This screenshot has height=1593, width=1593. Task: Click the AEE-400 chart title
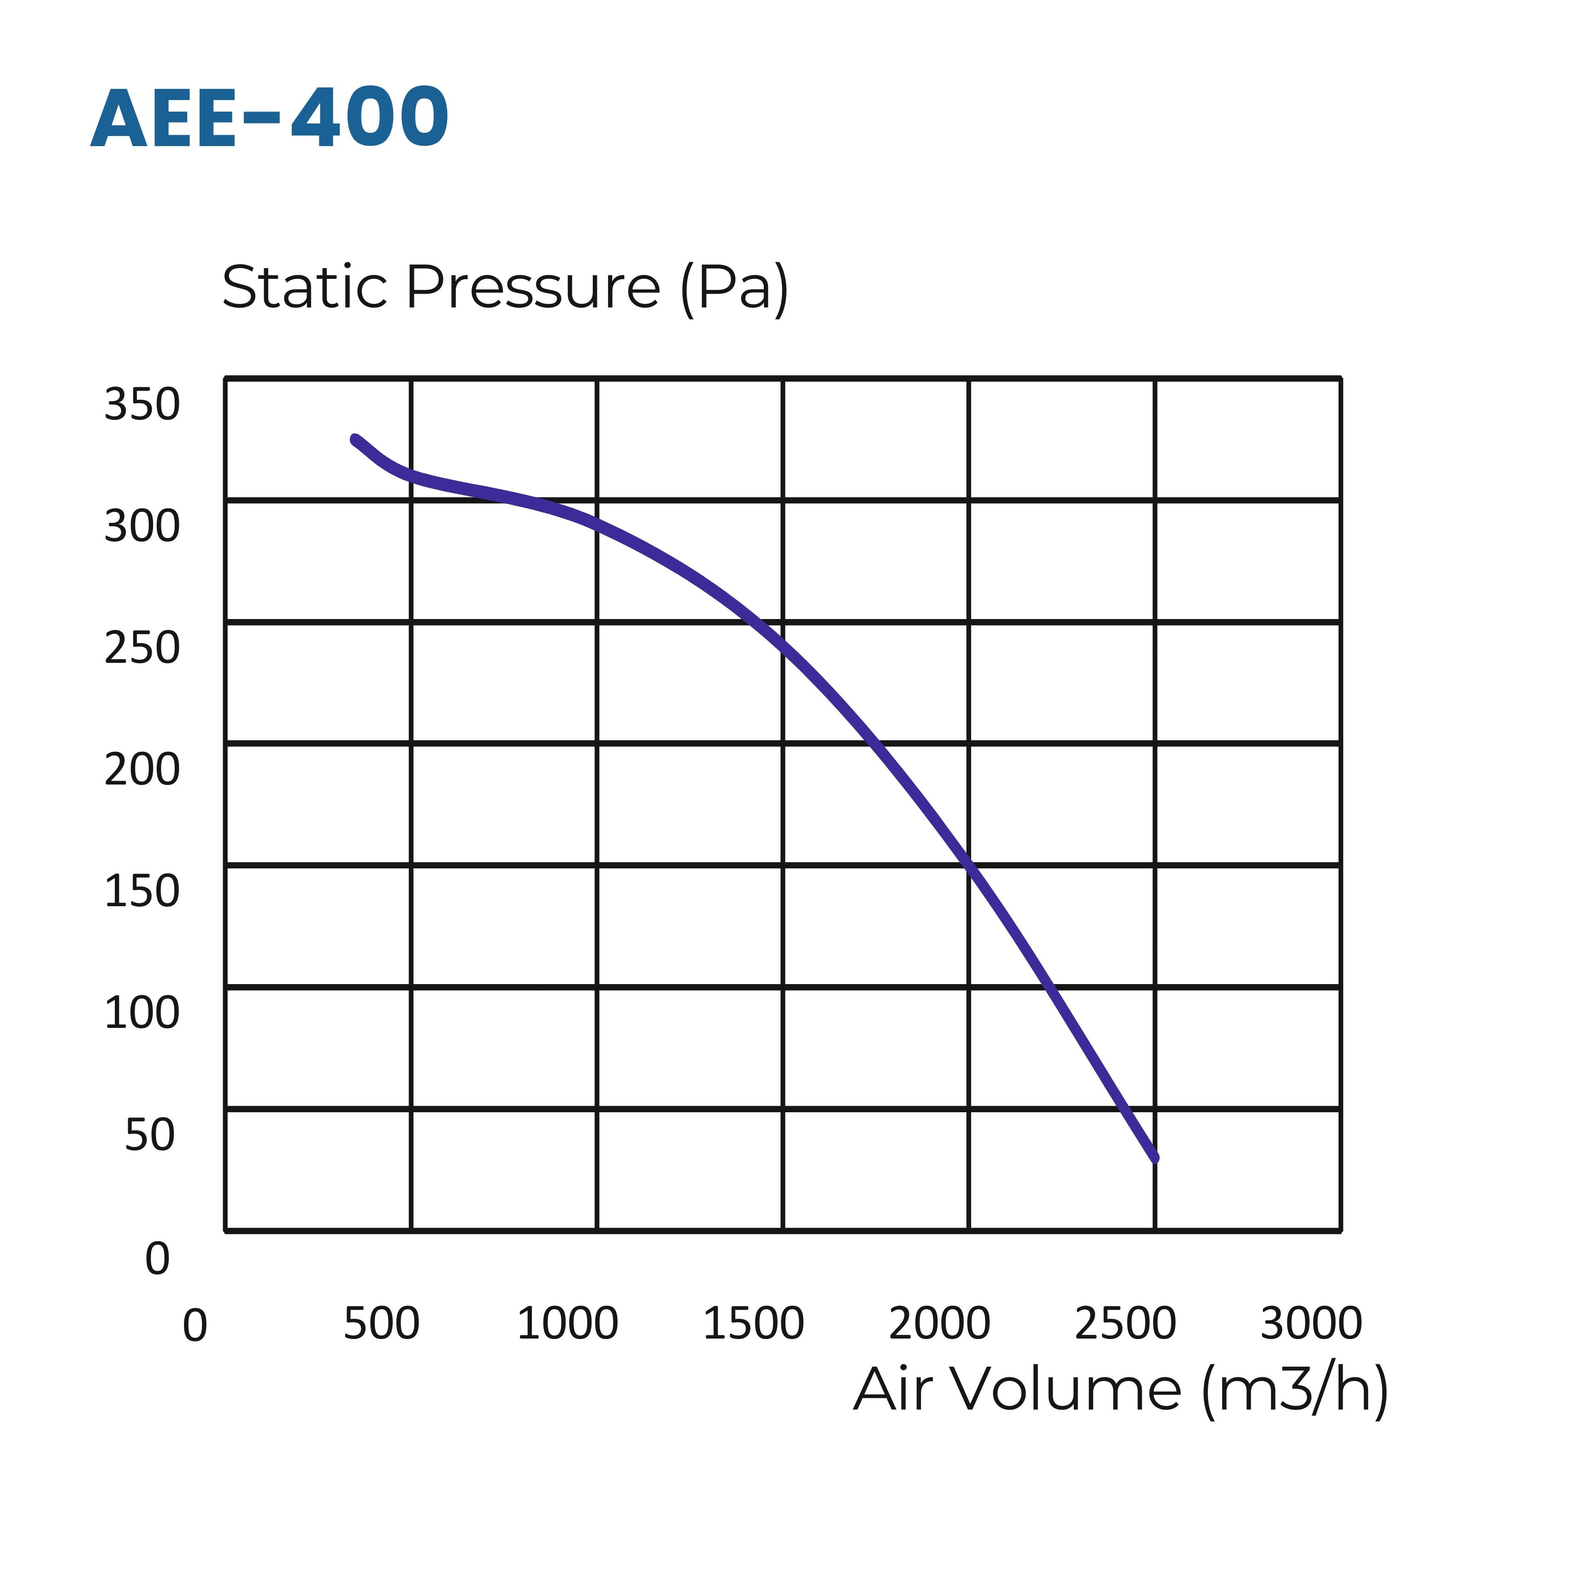coord(270,119)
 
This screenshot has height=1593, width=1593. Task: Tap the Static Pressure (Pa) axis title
coord(505,288)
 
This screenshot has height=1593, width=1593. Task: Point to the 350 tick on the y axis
coord(142,405)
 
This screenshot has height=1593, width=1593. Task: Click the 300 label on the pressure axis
coord(142,526)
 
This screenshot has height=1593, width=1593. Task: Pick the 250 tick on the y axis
coord(142,648)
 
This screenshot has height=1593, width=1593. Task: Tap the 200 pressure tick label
coord(142,770)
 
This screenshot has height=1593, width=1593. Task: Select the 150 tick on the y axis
coord(142,891)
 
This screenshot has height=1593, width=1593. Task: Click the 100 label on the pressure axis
coord(142,1013)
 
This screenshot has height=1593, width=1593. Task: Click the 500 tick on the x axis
coord(381,1324)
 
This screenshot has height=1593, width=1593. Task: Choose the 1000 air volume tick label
coord(567,1324)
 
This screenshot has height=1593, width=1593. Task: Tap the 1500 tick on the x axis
coord(753,1324)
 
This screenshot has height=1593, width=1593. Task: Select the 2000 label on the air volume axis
coord(939,1324)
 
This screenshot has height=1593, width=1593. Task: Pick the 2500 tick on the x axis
coord(1125,1324)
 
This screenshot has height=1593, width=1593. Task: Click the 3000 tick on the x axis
coord(1311,1324)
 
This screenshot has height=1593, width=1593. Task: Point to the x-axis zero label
coord(195,1327)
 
